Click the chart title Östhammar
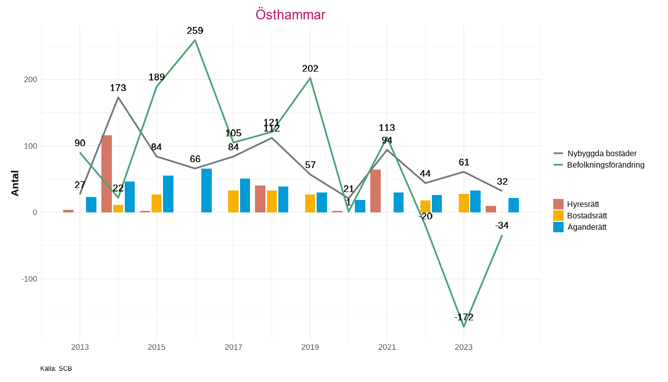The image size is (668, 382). click(x=290, y=15)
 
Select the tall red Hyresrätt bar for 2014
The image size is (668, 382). click(x=106, y=174)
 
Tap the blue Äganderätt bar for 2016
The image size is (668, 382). click(x=206, y=191)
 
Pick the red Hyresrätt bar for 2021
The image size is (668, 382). click(x=375, y=191)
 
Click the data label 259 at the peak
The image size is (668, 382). click(x=195, y=31)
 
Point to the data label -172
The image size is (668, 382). click(x=464, y=317)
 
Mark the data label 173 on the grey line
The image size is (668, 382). click(x=118, y=88)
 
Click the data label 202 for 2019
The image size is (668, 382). click(x=310, y=69)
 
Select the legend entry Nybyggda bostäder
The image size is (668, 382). click(x=601, y=153)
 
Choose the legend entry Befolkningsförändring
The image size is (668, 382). click(x=605, y=165)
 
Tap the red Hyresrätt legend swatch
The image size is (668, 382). click(x=558, y=204)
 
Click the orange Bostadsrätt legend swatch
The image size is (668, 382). click(x=558, y=215)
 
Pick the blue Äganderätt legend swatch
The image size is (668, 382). click(x=558, y=227)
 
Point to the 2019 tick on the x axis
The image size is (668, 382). click(x=310, y=347)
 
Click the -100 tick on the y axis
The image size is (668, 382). click(x=29, y=279)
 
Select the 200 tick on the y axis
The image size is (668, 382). click(x=31, y=80)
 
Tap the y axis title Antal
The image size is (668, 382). click(x=15, y=183)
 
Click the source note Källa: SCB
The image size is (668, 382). click(x=56, y=369)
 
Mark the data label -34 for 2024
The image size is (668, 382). click(x=502, y=226)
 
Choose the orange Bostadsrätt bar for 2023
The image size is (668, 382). click(x=464, y=203)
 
